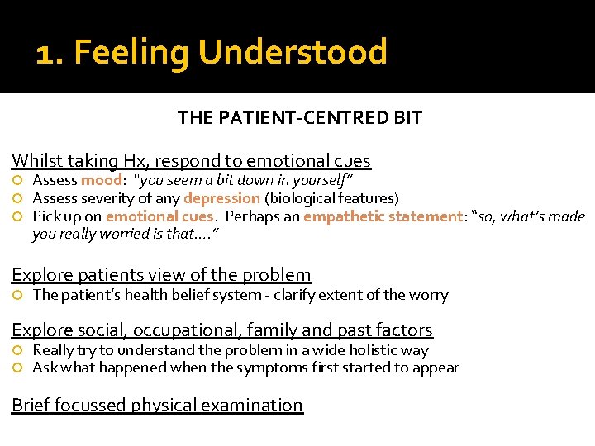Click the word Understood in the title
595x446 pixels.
pyautogui.click(x=293, y=52)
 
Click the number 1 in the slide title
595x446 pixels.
pyautogui.click(x=45, y=53)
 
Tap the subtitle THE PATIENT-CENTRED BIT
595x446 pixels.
pyautogui.click(x=299, y=117)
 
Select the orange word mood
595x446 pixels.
pyautogui.click(x=102, y=180)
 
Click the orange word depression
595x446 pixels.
pyautogui.click(x=221, y=198)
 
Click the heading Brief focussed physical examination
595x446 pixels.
pyautogui.click(x=157, y=405)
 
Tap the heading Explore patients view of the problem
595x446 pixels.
pyautogui.click(x=161, y=275)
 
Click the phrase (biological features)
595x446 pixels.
pyautogui.click(x=331, y=198)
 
